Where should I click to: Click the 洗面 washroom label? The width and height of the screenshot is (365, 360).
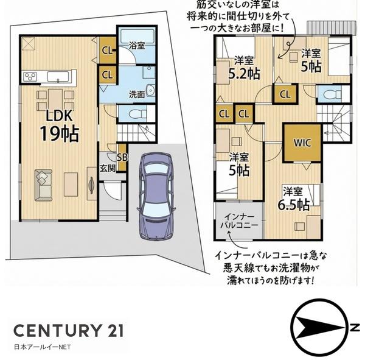137,94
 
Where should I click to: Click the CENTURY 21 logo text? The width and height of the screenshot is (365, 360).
68,331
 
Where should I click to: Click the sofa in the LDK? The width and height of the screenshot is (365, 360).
44,185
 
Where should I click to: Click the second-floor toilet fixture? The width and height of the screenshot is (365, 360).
331,94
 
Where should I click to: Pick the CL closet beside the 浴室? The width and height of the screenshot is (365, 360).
106,51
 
